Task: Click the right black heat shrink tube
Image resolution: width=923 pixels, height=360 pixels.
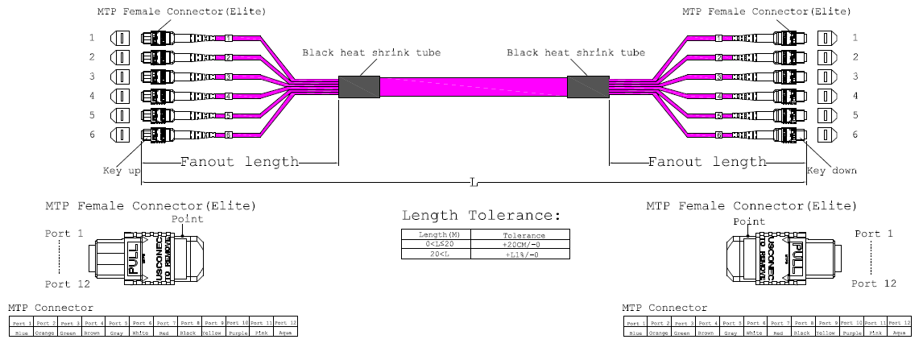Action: point(587,87)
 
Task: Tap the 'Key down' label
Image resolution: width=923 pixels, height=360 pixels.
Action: point(832,171)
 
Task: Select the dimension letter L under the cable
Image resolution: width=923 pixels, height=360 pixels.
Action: point(475,184)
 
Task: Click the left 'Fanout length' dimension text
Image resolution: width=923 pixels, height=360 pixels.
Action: point(239,162)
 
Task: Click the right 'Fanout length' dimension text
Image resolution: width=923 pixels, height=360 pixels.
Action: point(708,162)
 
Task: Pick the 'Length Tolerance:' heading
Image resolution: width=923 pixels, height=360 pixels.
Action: point(480,216)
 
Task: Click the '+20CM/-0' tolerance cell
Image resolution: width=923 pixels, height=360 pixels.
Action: point(519,244)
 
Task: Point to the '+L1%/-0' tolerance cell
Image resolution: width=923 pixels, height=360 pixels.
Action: point(519,254)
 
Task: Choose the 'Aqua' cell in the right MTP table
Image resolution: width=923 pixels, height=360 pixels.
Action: point(900,332)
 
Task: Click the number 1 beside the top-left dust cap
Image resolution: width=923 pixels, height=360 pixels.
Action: point(92,38)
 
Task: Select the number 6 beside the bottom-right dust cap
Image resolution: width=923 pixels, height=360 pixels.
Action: point(855,134)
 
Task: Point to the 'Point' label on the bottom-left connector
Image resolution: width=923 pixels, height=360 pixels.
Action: point(188,219)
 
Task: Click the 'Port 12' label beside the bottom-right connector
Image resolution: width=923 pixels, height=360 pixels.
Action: point(874,283)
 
